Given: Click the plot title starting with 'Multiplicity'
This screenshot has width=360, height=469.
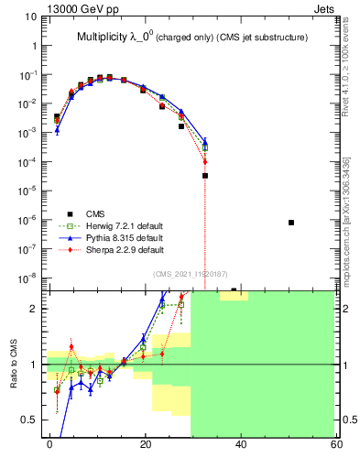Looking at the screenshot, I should tap(191, 37).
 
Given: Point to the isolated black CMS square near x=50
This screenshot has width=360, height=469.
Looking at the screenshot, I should tap(291, 223).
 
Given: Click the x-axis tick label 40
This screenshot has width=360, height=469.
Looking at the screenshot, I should tap(241, 444).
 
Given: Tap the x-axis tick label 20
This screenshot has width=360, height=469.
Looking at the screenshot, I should tap(146, 444).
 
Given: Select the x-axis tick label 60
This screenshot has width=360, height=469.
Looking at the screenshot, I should tap(335, 444).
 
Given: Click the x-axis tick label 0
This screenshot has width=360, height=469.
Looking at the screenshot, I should tap(50, 444).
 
